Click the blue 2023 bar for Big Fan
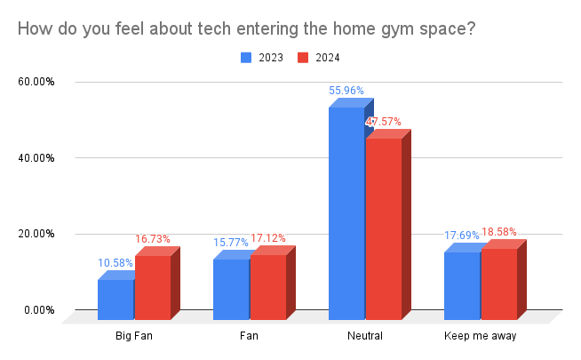click(x=115, y=299)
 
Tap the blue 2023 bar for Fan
click(x=231, y=289)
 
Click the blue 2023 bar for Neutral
click(x=346, y=213)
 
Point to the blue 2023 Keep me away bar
click(x=462, y=285)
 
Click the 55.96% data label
click(x=346, y=91)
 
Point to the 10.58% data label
click(x=115, y=263)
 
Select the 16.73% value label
click(x=152, y=239)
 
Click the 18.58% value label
click(x=498, y=232)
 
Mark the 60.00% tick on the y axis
click(x=36, y=82)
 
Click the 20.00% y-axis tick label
click(x=36, y=234)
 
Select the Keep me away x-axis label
click(x=480, y=337)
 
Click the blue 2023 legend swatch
click(x=246, y=58)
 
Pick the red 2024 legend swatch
click(x=302, y=58)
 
